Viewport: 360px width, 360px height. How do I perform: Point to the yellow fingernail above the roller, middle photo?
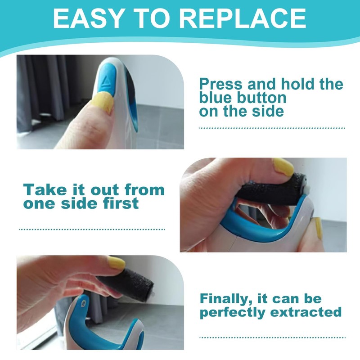point(283,167)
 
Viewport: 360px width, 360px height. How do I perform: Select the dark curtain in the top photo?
point(43,90)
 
